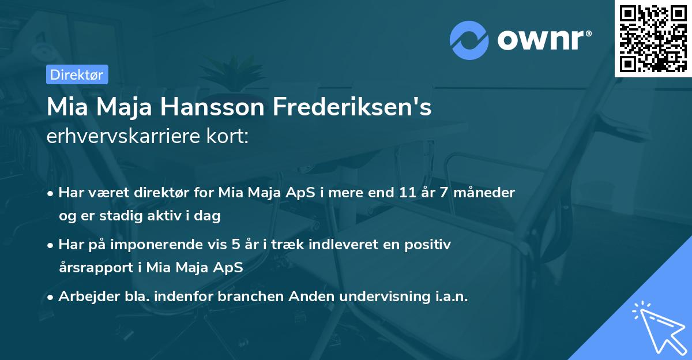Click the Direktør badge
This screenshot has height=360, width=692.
coord(77,74)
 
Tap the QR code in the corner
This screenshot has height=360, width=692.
coord(653,38)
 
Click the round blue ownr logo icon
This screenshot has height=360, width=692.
coord(469,40)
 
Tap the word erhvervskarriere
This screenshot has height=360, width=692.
coord(125,137)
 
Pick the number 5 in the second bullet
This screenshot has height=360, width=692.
coord(236,244)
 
